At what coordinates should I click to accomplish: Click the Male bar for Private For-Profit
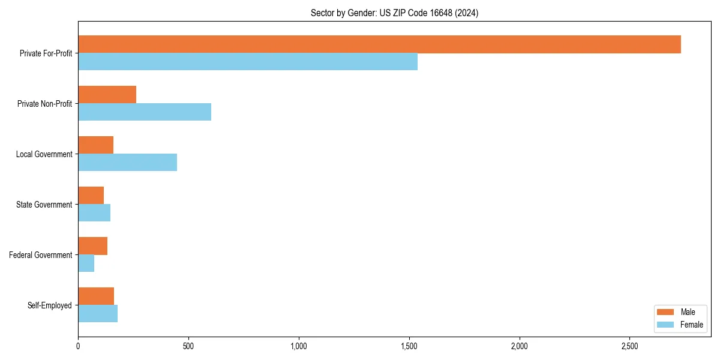(379, 44)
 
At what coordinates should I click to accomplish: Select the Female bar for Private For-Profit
(248, 62)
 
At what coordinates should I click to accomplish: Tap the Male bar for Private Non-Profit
(107, 95)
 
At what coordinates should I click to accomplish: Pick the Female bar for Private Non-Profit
(145, 112)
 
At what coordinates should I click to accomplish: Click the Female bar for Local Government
(127, 163)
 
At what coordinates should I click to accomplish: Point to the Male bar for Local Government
(95, 145)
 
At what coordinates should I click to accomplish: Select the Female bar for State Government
(94, 213)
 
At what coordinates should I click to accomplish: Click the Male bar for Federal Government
(92, 246)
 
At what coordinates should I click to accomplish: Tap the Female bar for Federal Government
(86, 263)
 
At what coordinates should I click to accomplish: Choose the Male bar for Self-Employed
(96, 296)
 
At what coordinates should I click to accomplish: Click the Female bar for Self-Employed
(98, 314)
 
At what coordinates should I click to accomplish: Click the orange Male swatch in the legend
(666, 312)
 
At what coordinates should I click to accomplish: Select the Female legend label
(692, 325)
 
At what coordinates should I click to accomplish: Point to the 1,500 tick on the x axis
(409, 347)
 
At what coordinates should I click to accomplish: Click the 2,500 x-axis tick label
(629, 347)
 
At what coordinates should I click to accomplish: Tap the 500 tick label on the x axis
(188, 347)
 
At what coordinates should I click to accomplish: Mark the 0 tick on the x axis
(78, 347)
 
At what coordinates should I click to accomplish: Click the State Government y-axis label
(44, 205)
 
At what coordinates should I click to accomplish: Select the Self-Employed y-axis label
(49, 305)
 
